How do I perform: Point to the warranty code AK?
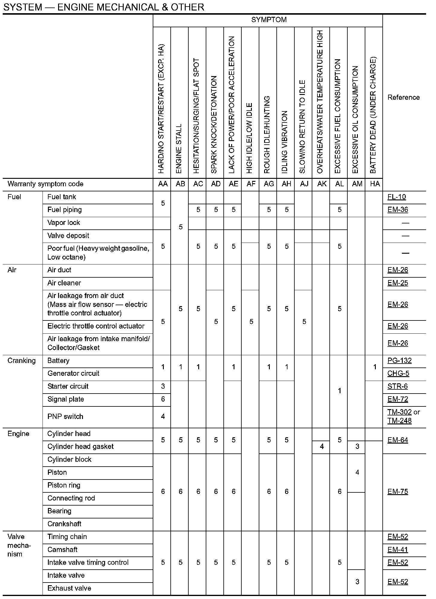click(322, 184)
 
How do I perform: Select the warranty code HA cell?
click(375, 184)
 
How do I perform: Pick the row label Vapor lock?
click(64, 223)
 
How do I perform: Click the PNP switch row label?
click(65, 417)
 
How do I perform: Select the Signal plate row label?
click(66, 399)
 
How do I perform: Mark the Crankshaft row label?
click(64, 524)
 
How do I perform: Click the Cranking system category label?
click(22, 361)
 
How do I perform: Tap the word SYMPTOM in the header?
click(269, 20)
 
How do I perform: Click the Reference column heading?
click(403, 97)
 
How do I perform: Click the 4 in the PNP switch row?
click(163, 417)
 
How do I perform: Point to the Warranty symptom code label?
click(46, 184)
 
